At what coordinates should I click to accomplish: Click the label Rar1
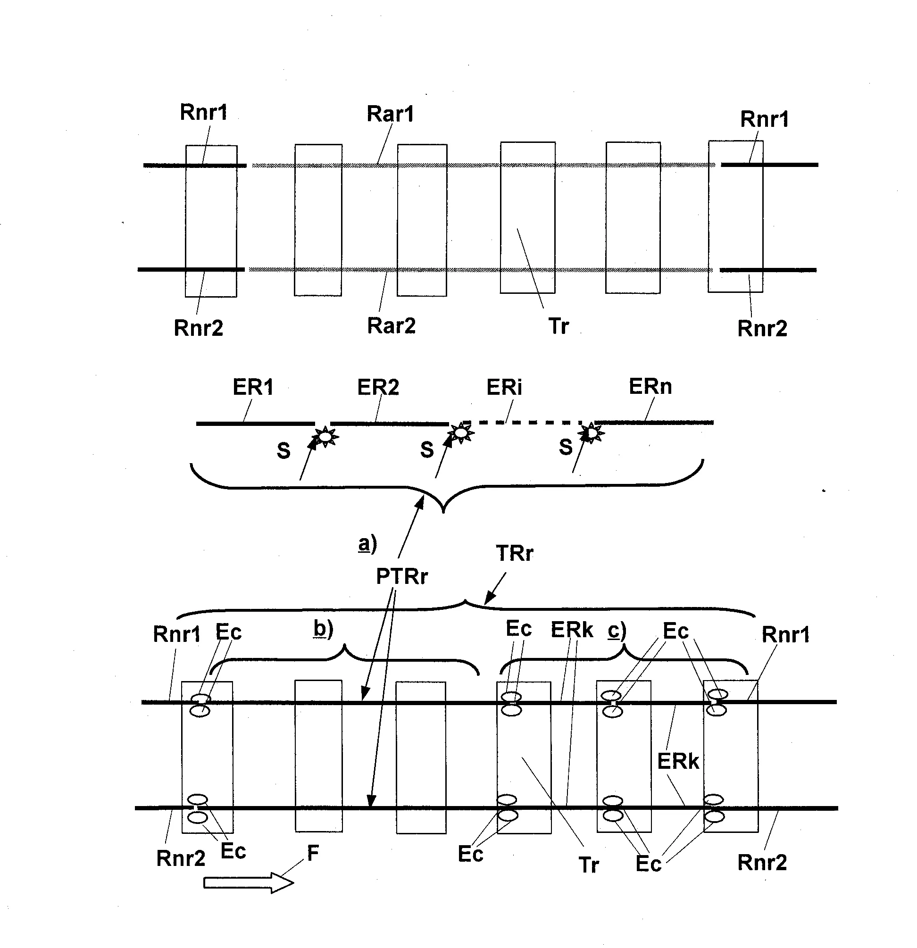click(390, 114)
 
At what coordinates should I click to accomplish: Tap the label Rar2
click(391, 325)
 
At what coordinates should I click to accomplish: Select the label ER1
click(253, 387)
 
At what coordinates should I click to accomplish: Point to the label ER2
click(378, 387)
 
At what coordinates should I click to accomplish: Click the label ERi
click(504, 387)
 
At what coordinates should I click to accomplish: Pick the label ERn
click(650, 386)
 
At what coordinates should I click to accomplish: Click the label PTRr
click(402, 576)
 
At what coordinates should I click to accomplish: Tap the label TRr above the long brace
click(514, 553)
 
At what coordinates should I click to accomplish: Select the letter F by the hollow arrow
click(313, 853)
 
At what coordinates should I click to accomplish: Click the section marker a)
click(367, 544)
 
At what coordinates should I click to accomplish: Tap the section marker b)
click(324, 629)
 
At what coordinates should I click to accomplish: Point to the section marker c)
click(617, 631)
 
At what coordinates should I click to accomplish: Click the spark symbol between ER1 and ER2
click(325, 436)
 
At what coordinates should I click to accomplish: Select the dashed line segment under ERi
click(522, 423)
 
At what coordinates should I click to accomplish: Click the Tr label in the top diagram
click(559, 326)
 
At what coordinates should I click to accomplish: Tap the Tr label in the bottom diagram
click(589, 865)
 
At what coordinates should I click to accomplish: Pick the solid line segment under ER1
click(255, 424)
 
